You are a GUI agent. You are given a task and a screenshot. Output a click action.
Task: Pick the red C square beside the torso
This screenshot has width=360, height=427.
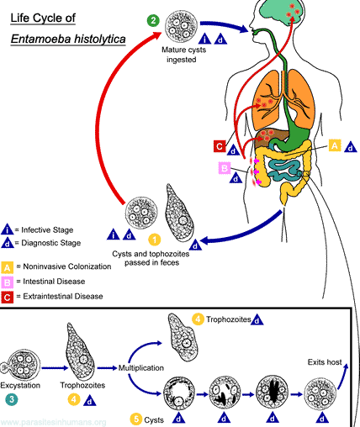[220, 145]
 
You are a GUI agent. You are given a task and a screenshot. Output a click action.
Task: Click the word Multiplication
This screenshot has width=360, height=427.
[140, 367]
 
